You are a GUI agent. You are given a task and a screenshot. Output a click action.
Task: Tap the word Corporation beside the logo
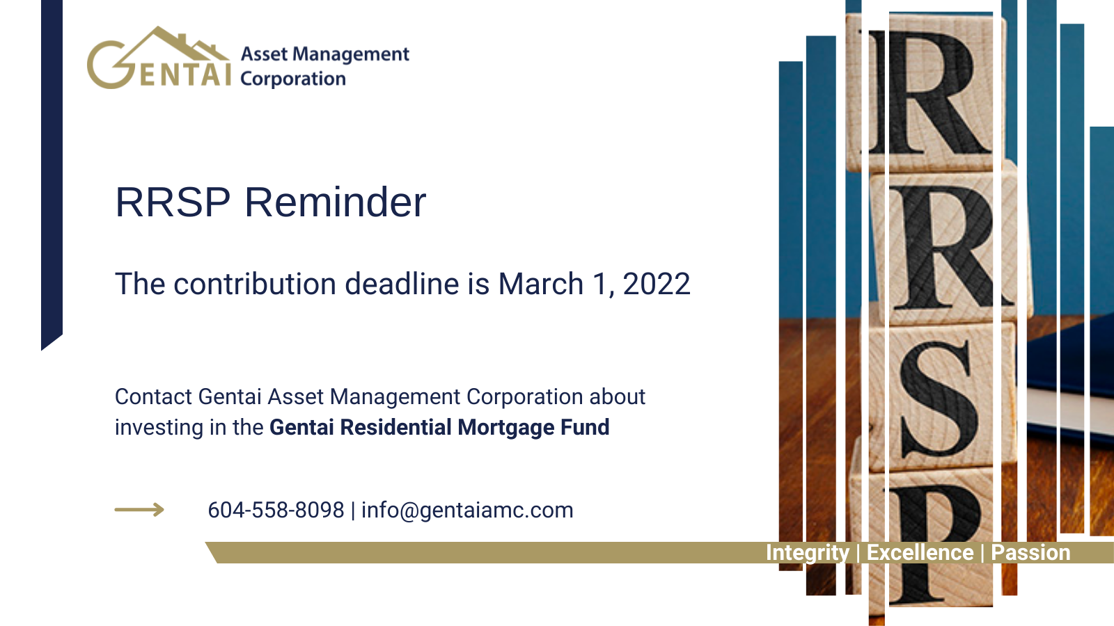pos(293,79)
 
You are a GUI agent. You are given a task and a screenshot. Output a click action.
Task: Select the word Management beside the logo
pos(351,54)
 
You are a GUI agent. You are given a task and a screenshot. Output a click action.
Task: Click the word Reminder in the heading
pos(335,202)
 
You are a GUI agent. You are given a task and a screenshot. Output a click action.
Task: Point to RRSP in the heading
pos(173,202)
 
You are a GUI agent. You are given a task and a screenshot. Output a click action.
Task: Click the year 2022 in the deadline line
pos(657,284)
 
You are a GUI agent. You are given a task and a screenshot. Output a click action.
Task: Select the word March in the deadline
pos(540,284)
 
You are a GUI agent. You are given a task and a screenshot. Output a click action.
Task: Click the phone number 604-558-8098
pos(276,511)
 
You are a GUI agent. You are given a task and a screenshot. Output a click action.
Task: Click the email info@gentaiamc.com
pos(467,511)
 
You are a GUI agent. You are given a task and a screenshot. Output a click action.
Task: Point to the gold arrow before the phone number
pos(139,510)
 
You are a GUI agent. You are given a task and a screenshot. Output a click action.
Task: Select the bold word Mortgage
pos(505,428)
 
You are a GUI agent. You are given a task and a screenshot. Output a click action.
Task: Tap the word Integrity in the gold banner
pos(808,553)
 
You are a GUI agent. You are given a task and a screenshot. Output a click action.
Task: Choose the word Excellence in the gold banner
pos(920,552)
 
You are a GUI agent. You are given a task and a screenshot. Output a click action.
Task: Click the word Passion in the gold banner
pos(1030,552)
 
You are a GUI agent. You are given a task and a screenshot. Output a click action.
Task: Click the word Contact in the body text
pos(153,397)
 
